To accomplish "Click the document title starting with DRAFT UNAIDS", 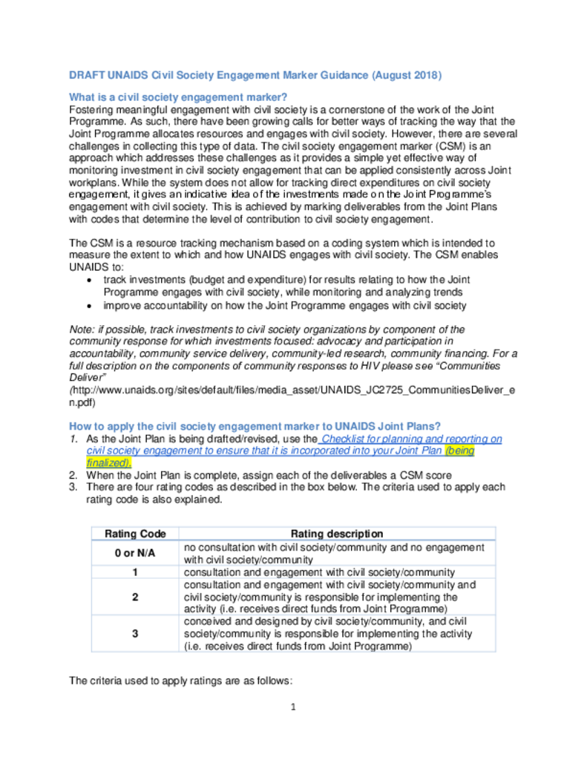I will (x=255, y=75).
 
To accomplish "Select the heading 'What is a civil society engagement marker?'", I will (x=178, y=97).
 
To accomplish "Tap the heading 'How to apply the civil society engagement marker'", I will (x=255, y=426).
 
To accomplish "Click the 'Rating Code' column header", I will (x=135, y=534).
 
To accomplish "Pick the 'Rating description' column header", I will (x=337, y=534).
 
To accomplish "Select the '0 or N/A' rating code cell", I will (x=135, y=554).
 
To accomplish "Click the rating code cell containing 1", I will (x=135, y=572).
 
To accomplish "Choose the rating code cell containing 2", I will (x=135, y=597).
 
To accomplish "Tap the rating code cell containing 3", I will (x=135, y=633).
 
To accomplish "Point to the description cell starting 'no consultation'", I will (x=333, y=554).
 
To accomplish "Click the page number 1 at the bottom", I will (x=294, y=707).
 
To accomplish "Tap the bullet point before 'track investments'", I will (x=90, y=280).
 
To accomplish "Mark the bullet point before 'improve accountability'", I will (x=90, y=305).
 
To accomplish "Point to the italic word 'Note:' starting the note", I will (x=81, y=329).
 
